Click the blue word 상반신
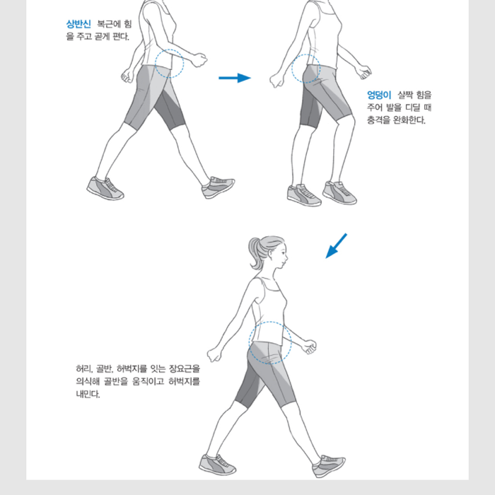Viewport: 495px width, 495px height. point(78,24)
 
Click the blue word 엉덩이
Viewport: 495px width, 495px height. point(379,95)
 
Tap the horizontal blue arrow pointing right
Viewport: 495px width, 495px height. point(235,78)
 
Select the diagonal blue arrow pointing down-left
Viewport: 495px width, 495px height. point(336,246)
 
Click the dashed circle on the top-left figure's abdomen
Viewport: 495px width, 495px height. point(169,49)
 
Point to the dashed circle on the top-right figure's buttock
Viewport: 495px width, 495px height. point(306,54)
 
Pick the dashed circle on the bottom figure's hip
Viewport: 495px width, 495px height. point(270,322)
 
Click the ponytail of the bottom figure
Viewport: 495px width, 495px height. point(255,253)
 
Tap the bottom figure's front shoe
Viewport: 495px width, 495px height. point(329,466)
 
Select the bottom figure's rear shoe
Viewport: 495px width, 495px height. point(217,465)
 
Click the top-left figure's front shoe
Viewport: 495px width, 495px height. point(218,187)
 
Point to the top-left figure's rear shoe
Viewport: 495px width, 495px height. point(105,189)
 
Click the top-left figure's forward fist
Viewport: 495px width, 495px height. point(199,59)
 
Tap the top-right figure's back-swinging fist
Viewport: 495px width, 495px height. point(277,80)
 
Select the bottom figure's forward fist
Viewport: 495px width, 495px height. point(309,346)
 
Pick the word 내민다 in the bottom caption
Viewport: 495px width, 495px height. point(88,394)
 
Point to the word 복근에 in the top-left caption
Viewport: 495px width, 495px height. point(109,24)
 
